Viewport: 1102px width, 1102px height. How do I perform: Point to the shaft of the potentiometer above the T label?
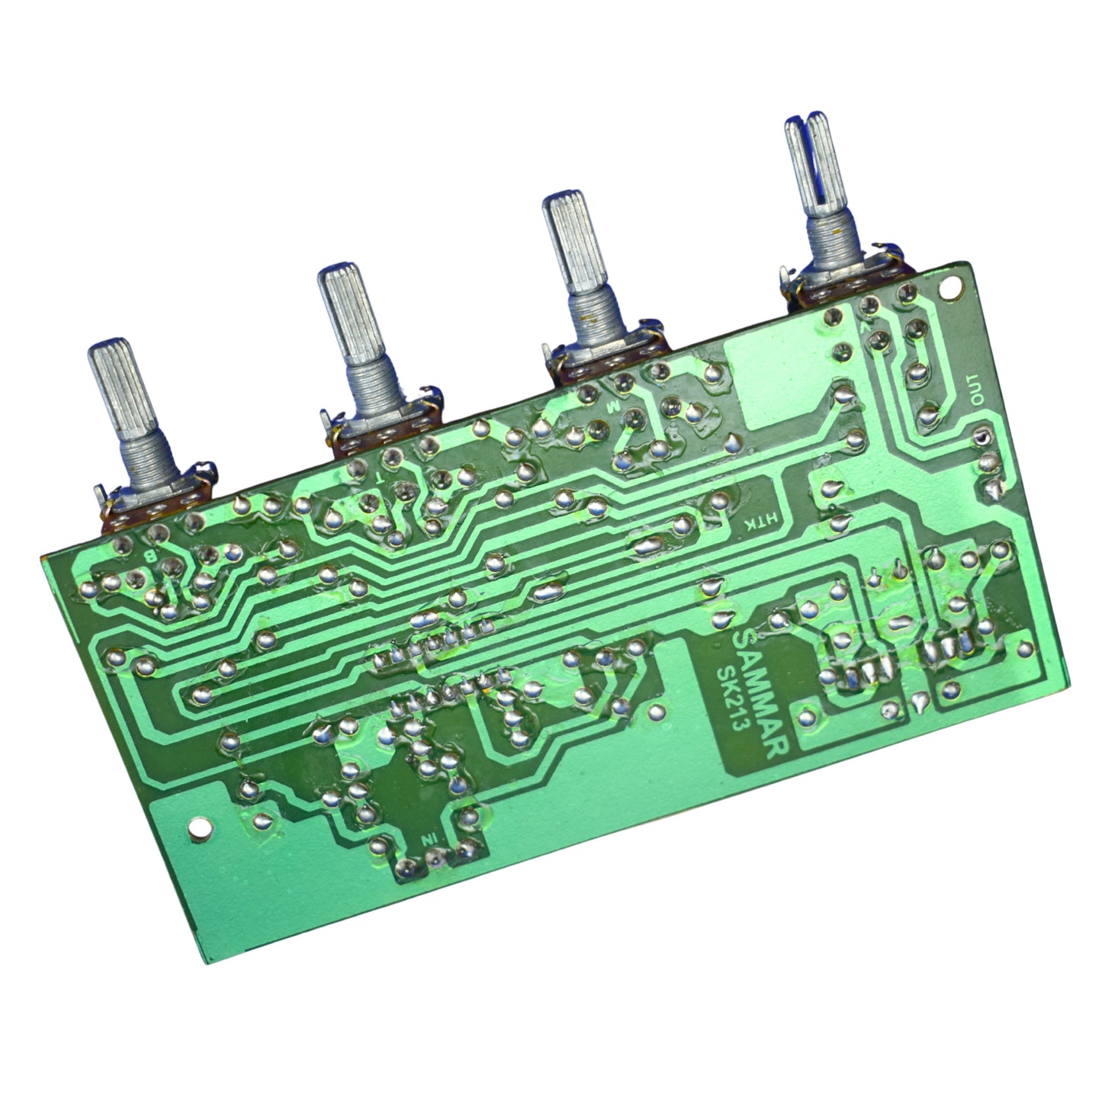[x=345, y=311]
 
